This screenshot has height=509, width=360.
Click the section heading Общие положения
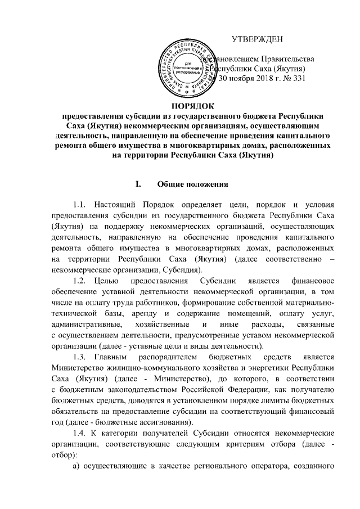click(192, 184)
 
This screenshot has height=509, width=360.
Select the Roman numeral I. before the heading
click(134, 184)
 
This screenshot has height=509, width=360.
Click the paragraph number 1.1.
click(80, 204)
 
